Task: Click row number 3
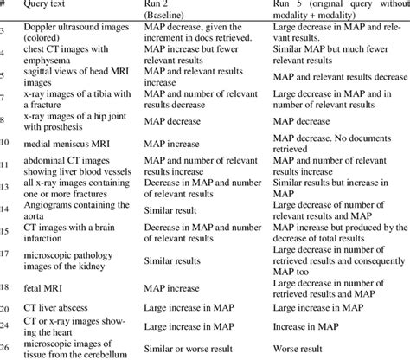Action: [5, 30]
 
